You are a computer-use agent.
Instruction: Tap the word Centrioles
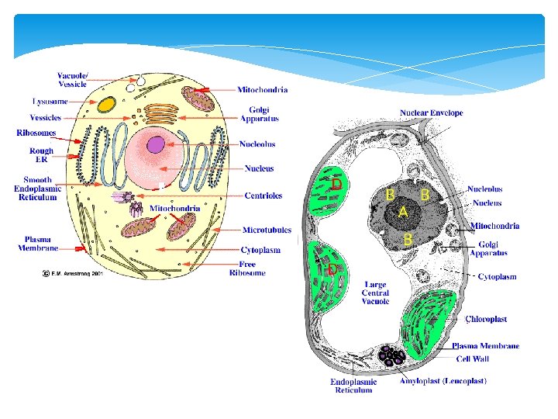[x=263, y=196]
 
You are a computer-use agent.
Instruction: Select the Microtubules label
[x=267, y=230]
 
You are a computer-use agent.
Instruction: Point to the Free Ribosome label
[x=247, y=268]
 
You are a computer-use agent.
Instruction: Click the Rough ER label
[x=41, y=155]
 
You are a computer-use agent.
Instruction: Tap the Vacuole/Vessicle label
[x=74, y=80]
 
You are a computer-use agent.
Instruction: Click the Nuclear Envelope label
[x=431, y=113]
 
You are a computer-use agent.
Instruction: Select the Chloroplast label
[x=486, y=319]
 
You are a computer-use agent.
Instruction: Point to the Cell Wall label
[x=472, y=358]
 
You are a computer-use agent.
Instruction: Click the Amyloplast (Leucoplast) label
[x=443, y=381]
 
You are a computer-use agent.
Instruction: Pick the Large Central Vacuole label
[x=374, y=293]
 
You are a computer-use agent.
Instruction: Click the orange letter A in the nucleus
[x=403, y=212]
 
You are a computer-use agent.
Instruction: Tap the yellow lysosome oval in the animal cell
[x=107, y=103]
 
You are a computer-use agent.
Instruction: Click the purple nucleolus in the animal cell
[x=157, y=144]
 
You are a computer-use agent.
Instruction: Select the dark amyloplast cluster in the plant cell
[x=391, y=357]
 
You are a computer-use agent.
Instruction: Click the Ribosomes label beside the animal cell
[x=36, y=133]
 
